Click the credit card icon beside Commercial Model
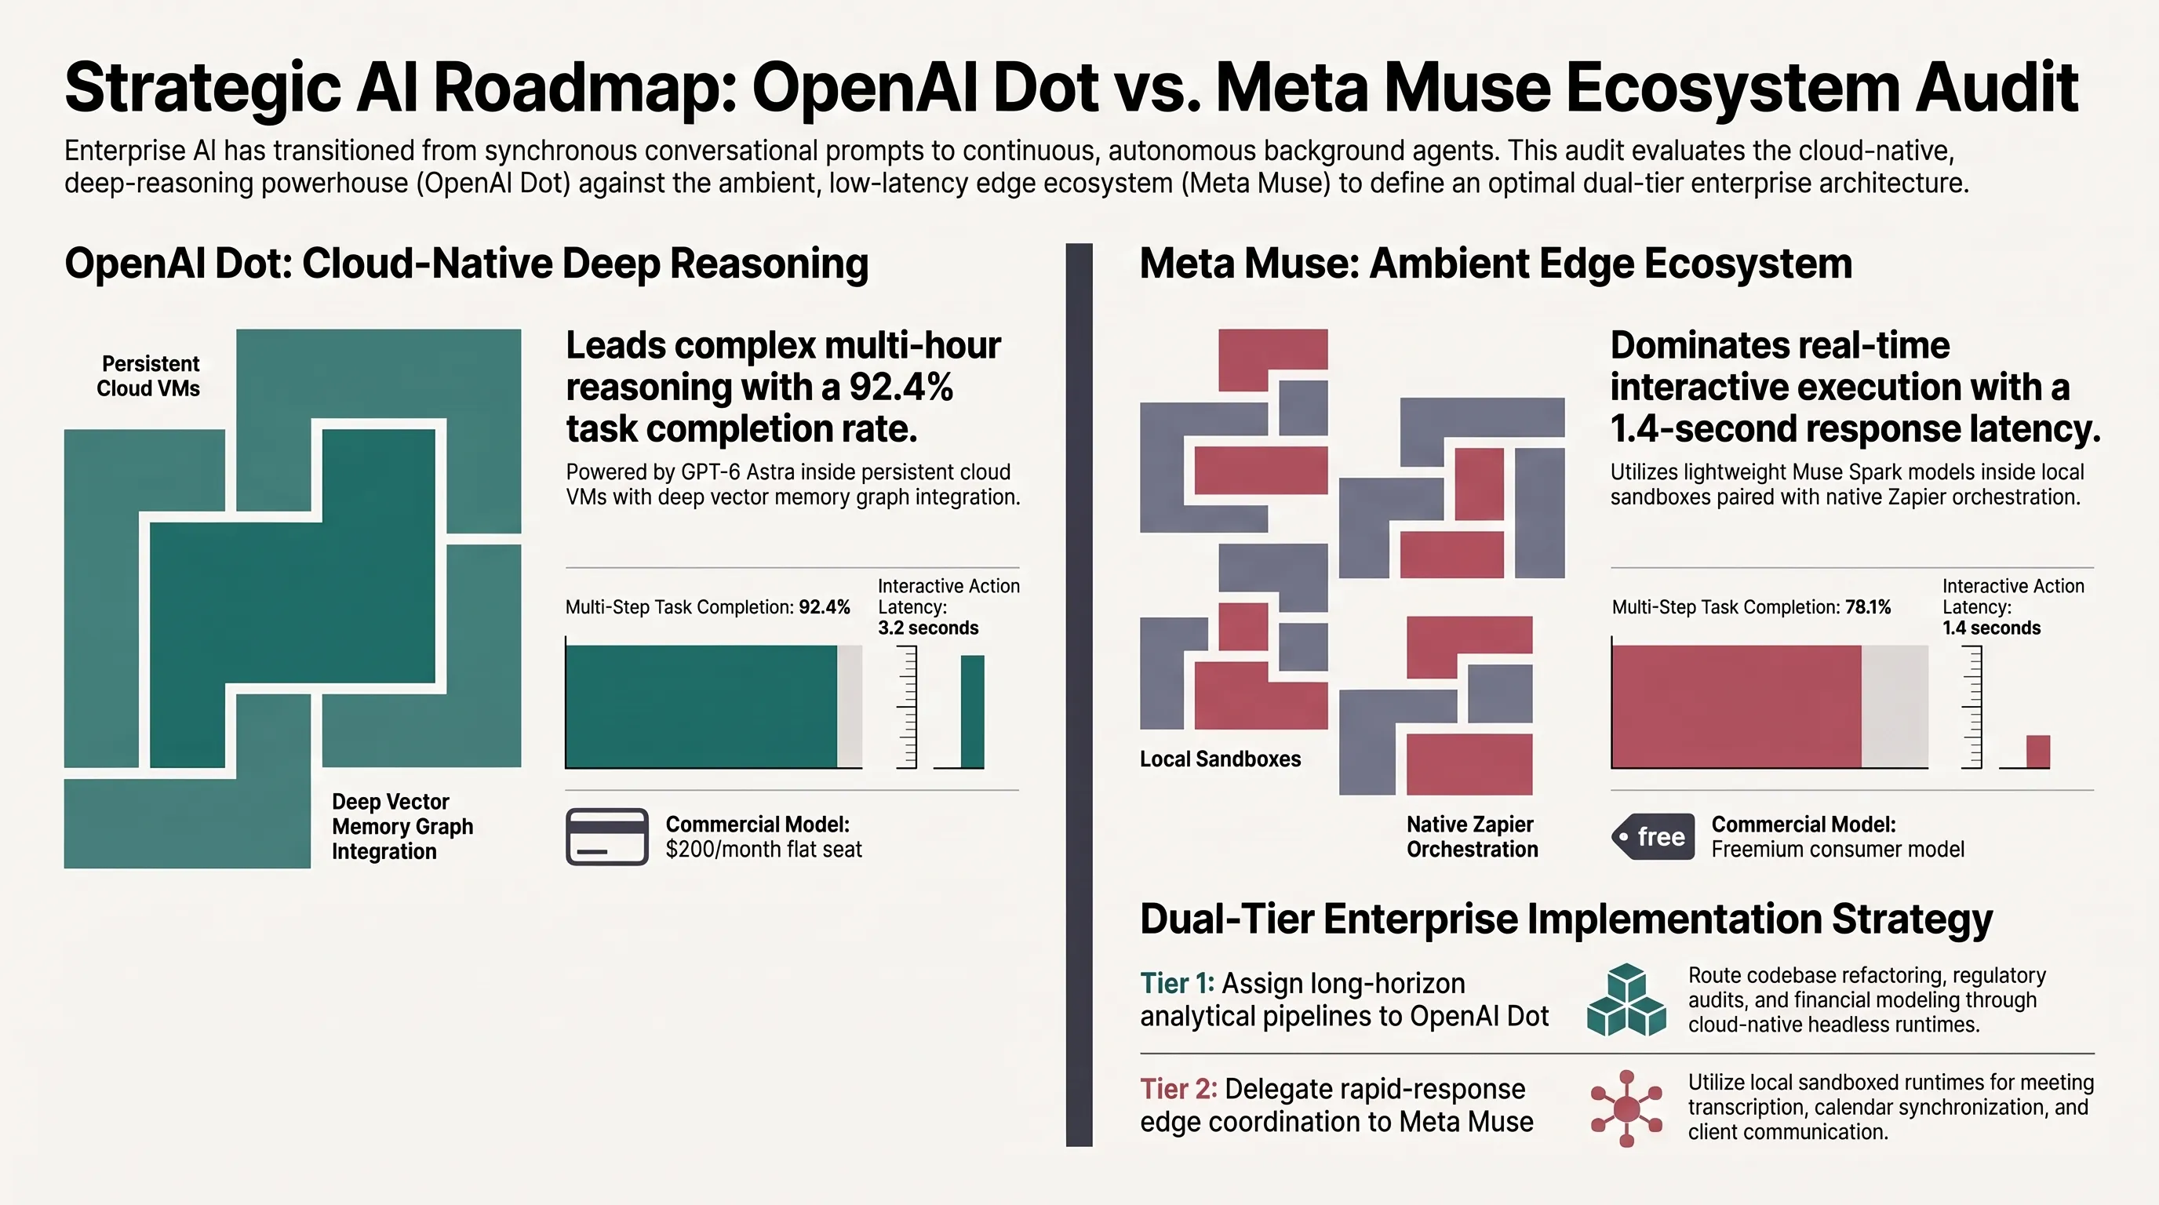tap(606, 836)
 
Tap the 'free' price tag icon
tap(1653, 836)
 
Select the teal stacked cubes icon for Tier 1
tap(1626, 999)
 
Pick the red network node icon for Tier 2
tap(1626, 1108)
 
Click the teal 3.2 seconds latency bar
tap(972, 712)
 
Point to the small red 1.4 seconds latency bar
tap(2038, 752)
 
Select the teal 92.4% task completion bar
tap(701, 706)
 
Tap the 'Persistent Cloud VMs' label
tap(148, 377)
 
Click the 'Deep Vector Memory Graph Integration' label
tap(402, 826)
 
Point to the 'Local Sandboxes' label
tap(1220, 759)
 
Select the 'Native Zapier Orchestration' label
tap(1473, 836)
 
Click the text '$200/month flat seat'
tap(763, 850)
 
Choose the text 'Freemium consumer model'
tap(1838, 850)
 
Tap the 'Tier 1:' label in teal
tap(1177, 983)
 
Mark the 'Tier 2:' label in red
tap(1178, 1089)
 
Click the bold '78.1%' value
tap(1868, 607)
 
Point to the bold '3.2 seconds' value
tap(928, 628)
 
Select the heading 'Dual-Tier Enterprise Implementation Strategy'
tap(1566, 919)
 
